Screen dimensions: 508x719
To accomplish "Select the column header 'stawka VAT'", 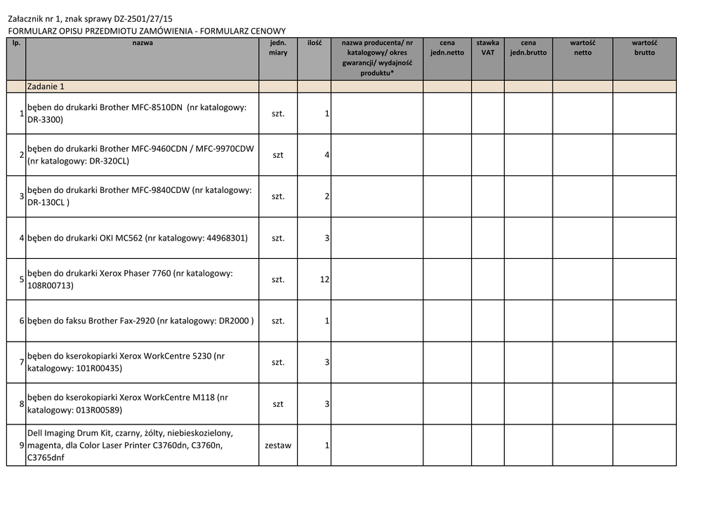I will [x=487, y=48].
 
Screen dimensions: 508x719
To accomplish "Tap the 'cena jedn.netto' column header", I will [x=447, y=48].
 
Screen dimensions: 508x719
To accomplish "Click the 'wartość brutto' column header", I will [x=644, y=48].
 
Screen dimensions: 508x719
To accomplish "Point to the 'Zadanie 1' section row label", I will [x=46, y=86].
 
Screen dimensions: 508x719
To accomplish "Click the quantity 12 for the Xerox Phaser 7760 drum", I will [x=324, y=279].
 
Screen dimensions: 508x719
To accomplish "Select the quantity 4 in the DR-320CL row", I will [x=327, y=154].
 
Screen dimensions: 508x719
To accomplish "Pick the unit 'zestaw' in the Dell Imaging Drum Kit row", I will [x=278, y=446].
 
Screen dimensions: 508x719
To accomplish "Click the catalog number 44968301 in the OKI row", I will [x=227, y=238].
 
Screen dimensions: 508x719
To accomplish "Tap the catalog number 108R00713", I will [x=50, y=286].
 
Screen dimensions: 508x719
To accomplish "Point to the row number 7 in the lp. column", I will [x=22, y=362].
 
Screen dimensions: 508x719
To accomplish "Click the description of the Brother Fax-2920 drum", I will [x=140, y=321].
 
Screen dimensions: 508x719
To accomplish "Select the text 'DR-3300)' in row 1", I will [x=45, y=119].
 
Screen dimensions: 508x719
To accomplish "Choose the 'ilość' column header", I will [x=314, y=43].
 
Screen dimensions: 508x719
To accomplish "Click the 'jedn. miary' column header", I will [x=278, y=48].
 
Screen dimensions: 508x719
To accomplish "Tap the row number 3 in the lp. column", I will [x=22, y=196].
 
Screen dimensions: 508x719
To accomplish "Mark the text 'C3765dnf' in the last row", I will [x=45, y=458].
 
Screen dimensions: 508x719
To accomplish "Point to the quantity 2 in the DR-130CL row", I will [x=327, y=196].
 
